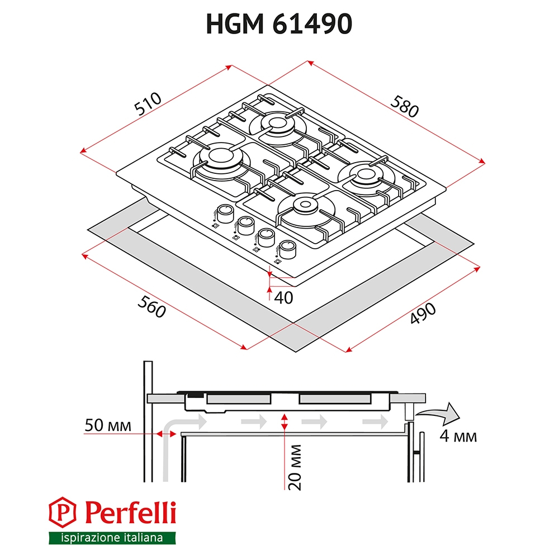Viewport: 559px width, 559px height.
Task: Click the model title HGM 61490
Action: tap(279, 24)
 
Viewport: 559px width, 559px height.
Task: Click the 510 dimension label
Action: tap(148, 104)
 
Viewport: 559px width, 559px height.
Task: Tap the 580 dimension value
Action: tap(404, 106)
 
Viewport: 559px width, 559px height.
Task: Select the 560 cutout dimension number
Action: tap(151, 306)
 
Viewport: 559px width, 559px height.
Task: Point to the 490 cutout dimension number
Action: tap(423, 313)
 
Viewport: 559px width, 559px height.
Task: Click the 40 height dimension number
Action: tap(283, 298)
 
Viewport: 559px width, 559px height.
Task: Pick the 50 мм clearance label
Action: tap(108, 425)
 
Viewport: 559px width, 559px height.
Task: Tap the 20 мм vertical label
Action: tap(295, 467)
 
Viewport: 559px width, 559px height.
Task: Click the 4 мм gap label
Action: tap(458, 436)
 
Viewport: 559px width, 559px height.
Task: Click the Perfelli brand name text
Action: tap(130, 512)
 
